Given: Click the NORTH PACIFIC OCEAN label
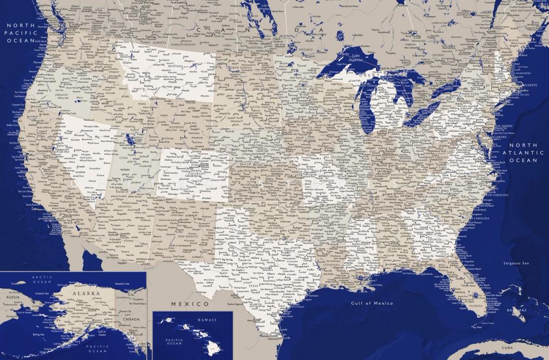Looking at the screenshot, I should coord(20,32).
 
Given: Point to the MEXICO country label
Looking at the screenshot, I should coord(190,303).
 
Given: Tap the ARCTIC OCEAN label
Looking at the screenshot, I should coord(42,280).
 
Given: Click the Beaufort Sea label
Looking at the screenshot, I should coord(122,284).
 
